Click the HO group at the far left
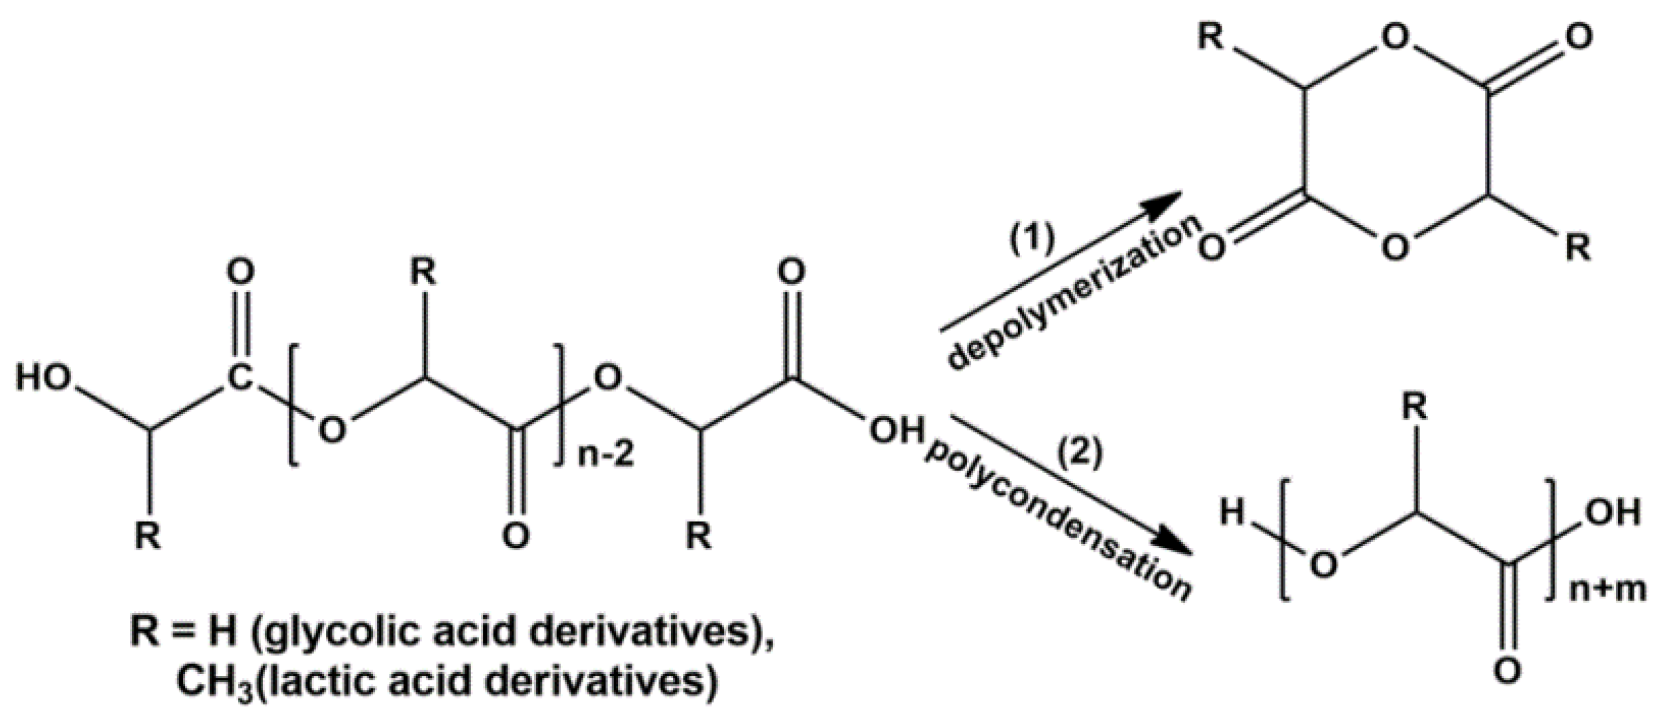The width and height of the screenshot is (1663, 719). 44,379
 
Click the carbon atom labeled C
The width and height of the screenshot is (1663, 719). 240,379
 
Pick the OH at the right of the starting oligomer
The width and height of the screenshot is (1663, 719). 897,432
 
